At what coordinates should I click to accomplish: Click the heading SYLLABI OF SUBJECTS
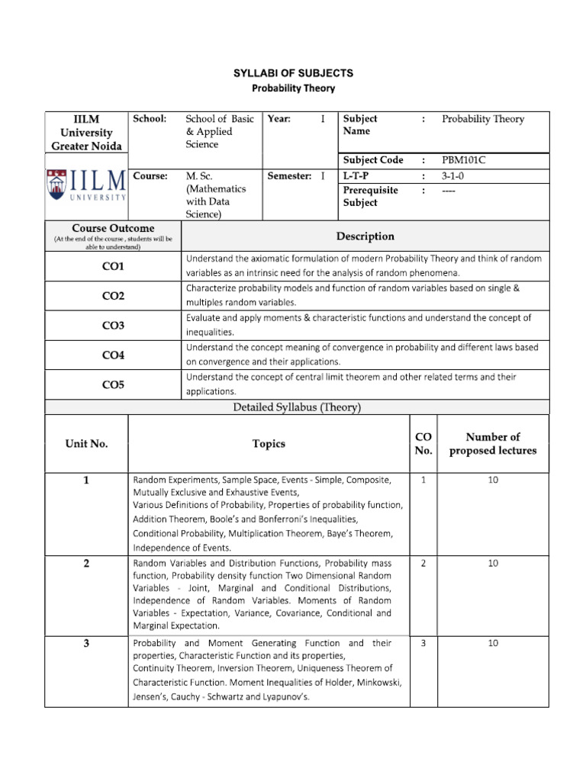coord(293,73)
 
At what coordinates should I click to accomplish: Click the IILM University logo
coord(86,185)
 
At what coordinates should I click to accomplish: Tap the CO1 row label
coord(113,266)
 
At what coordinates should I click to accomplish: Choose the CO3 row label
coord(113,326)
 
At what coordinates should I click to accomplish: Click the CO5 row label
coord(113,385)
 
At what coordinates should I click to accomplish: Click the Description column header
coord(365,236)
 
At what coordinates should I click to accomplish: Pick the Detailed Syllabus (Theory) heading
coord(297,407)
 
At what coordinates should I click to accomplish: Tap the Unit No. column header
coord(86,444)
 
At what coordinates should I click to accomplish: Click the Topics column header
coord(269,444)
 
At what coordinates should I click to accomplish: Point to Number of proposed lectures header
coord(493,444)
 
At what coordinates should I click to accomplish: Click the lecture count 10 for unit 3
coord(493,643)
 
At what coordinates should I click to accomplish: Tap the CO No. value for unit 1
coord(423,480)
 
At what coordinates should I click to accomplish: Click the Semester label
coord(289,176)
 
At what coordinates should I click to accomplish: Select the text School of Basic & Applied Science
coord(221,131)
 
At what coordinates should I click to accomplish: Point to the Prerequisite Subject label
coord(370,196)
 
